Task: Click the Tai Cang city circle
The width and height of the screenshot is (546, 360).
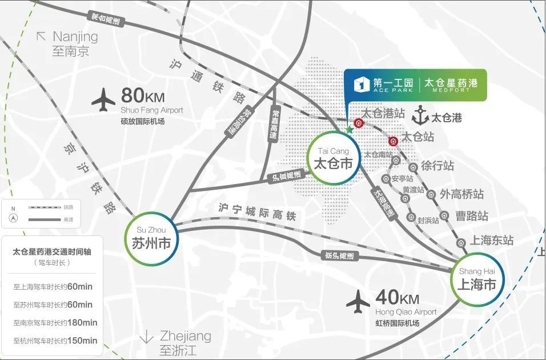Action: pos(335,158)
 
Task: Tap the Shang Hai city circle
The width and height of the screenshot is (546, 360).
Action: pos(477,278)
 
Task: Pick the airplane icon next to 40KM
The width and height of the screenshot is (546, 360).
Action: pos(358,301)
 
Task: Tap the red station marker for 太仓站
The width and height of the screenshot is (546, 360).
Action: pos(393,141)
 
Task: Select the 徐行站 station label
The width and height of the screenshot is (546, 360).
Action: pos(437,166)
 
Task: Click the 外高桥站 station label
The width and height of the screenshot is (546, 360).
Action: pos(461,194)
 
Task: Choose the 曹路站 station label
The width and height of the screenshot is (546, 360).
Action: pos(472,216)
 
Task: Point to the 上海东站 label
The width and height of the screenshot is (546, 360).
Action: pos(491,240)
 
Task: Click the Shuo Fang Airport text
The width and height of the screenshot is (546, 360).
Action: pos(152,110)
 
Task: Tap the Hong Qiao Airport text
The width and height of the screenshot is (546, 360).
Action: pos(406,313)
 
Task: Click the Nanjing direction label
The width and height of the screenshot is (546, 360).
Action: pos(75,37)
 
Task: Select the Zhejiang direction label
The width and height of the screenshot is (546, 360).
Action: pos(185,335)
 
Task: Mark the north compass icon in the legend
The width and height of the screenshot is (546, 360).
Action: pos(13,218)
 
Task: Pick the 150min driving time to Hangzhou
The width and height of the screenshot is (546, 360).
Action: pos(82,341)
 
